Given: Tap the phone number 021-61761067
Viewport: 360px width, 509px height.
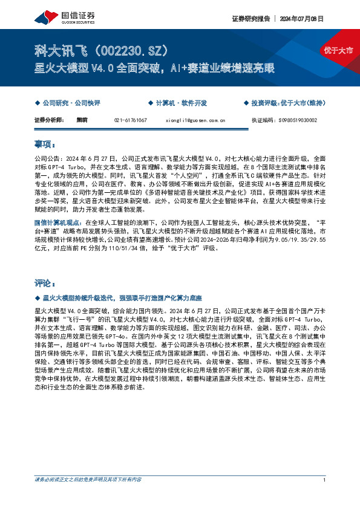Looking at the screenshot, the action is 130,120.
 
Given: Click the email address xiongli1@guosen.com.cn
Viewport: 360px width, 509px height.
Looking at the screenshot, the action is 195,120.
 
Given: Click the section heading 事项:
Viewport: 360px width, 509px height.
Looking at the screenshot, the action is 45,145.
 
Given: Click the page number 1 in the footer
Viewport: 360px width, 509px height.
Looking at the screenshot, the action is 326,497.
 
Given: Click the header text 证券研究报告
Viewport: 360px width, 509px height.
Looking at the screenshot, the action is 249,19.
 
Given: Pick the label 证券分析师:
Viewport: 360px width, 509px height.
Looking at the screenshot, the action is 49,120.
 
